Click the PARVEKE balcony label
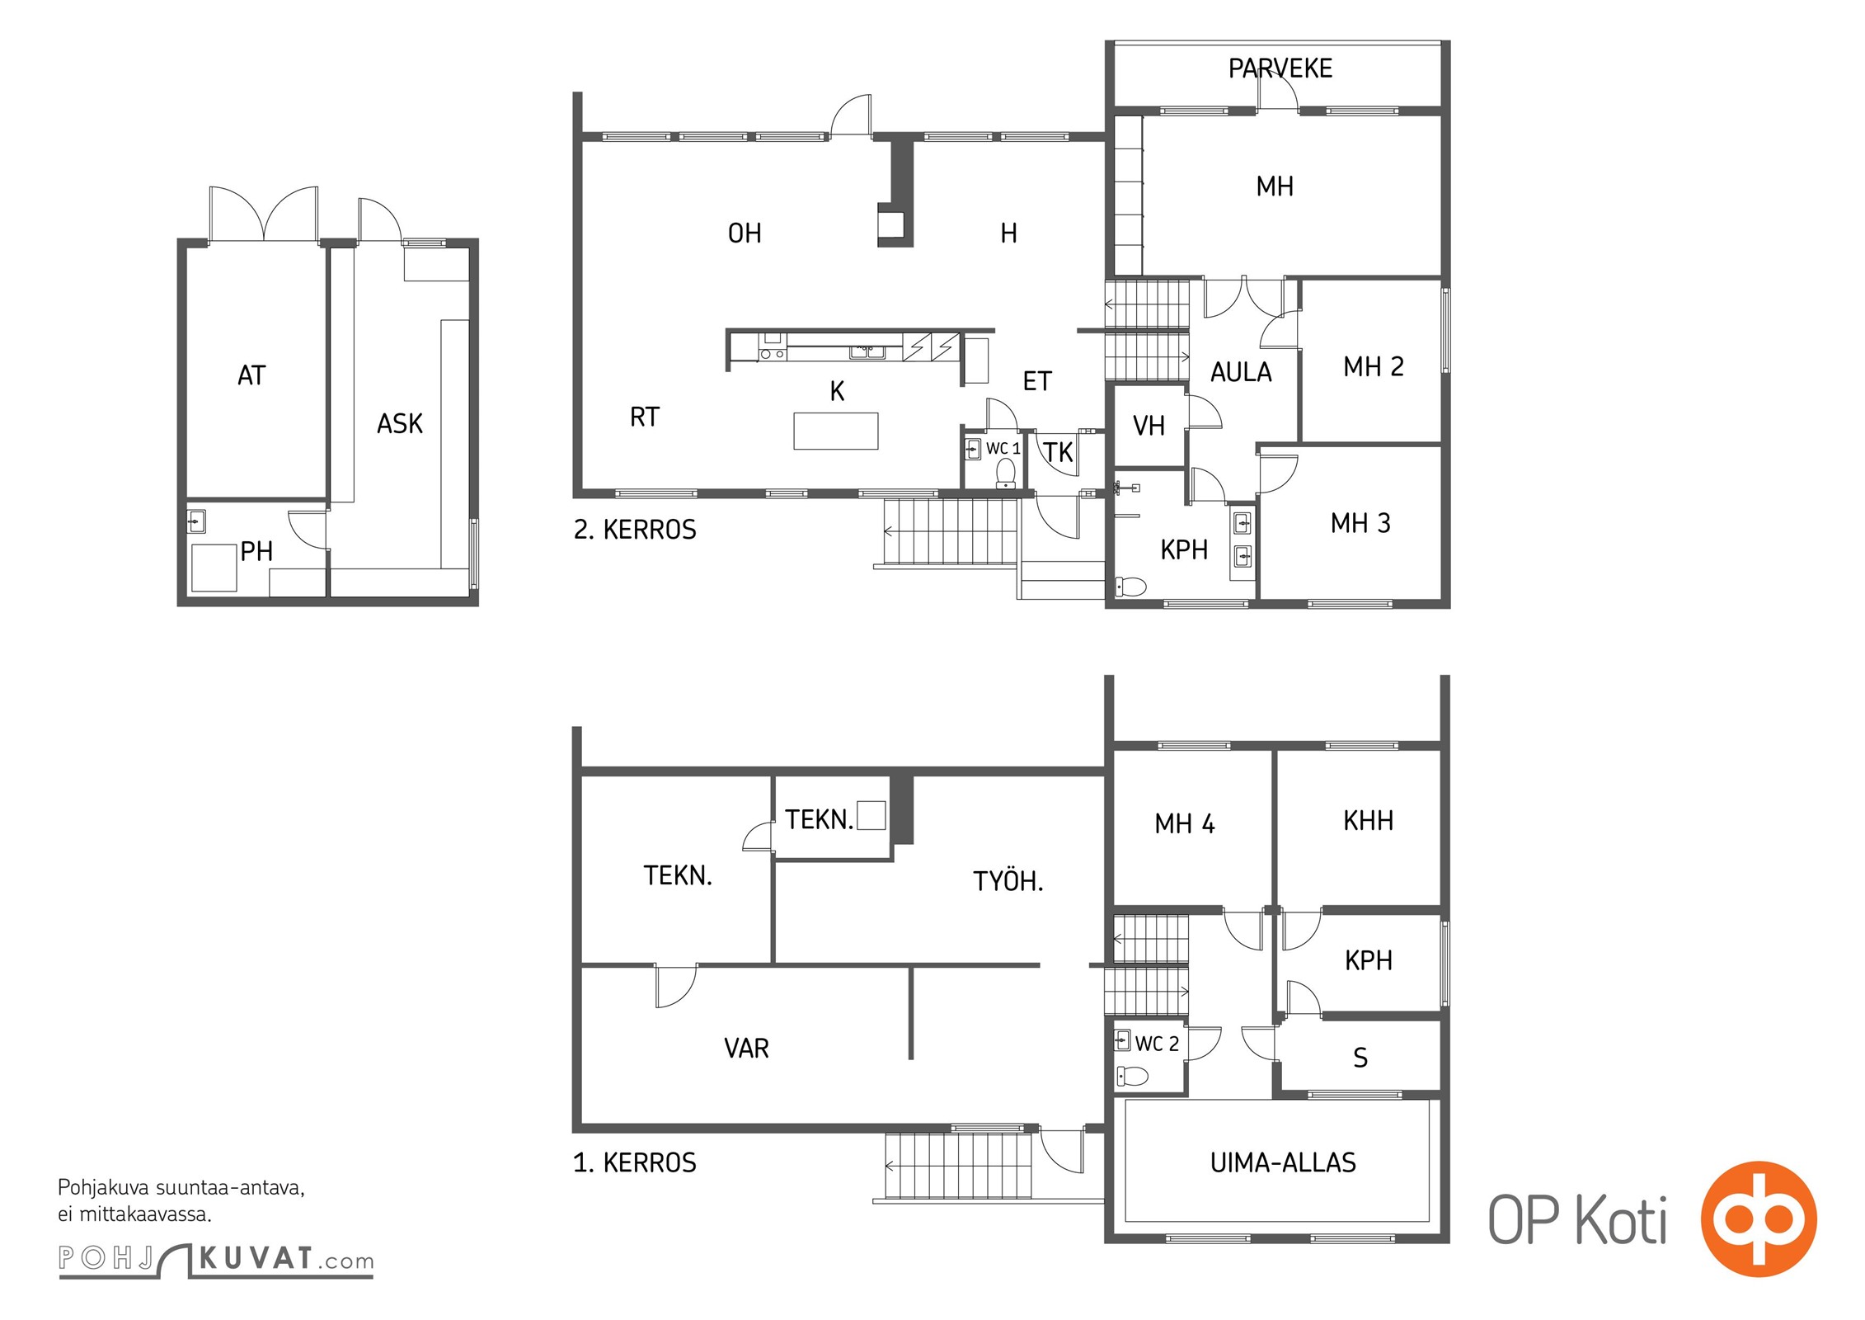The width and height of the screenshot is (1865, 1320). (x=1280, y=68)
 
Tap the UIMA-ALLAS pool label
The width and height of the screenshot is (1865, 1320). (x=1283, y=1163)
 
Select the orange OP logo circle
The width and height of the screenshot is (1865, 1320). (x=1759, y=1219)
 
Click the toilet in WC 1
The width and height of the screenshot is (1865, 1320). (x=1006, y=474)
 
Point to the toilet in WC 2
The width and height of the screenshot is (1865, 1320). (x=1132, y=1076)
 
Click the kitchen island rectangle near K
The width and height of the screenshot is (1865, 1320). (x=836, y=431)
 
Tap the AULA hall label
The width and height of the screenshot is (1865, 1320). (x=1241, y=373)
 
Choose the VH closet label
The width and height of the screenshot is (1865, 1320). (x=1149, y=427)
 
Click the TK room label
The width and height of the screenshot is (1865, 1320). (x=1059, y=452)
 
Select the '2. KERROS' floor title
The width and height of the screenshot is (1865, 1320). (x=635, y=530)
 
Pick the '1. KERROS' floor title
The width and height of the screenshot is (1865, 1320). (x=635, y=1163)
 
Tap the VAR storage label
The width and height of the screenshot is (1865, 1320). (x=746, y=1049)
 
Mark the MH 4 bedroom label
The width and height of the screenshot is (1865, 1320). (x=1185, y=824)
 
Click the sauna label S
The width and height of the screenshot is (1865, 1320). (x=1360, y=1058)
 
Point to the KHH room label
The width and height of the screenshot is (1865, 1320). (x=1369, y=821)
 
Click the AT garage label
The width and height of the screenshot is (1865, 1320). (x=251, y=376)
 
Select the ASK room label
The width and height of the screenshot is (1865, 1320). (x=400, y=424)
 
